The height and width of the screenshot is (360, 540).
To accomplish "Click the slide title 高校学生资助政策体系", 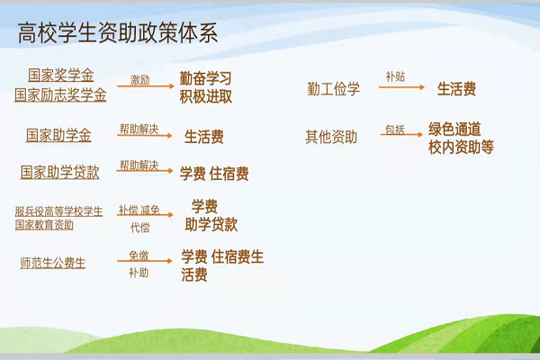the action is [118, 33].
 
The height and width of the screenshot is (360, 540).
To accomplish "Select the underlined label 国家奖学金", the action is [60, 75].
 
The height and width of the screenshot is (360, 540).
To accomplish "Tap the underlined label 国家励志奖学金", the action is [60, 94].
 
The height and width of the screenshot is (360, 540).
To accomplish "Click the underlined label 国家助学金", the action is [58, 135].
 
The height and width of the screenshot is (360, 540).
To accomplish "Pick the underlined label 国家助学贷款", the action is [60, 172].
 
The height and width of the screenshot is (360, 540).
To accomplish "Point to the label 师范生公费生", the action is [53, 263].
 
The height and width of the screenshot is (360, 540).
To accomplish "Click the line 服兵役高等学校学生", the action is [58, 211].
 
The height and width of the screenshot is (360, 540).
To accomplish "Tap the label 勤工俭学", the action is [333, 89].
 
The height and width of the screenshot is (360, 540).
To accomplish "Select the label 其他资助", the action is [331, 137].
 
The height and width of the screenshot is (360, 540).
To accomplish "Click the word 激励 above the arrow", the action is [139, 80].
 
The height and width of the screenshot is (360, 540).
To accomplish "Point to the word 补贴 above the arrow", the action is [395, 76].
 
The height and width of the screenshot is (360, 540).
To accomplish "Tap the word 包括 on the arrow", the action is [395, 130].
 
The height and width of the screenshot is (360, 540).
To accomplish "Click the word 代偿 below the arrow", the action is [140, 228].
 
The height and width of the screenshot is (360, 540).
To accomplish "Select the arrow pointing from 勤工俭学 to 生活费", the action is [401, 87].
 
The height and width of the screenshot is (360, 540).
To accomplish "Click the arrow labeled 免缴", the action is [145, 261].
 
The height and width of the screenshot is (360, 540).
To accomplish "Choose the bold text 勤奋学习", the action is [205, 78].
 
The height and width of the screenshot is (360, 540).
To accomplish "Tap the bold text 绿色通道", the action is [454, 130].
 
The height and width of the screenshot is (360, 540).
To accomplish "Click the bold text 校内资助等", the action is [461, 147].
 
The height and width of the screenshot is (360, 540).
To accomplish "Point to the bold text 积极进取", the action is [205, 97].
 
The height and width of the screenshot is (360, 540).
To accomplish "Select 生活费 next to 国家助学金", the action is [204, 137].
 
